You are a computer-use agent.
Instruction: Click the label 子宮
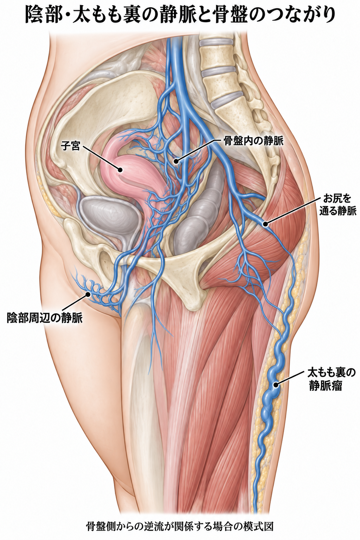[70, 146]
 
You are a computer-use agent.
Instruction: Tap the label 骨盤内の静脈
[253, 141]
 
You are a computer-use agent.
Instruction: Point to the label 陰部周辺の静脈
[45, 318]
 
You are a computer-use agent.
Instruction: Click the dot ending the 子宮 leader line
[120, 170]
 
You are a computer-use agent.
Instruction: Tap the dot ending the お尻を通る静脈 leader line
[265, 224]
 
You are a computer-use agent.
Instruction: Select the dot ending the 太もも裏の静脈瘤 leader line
[276, 385]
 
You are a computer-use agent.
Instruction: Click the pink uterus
[130, 174]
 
